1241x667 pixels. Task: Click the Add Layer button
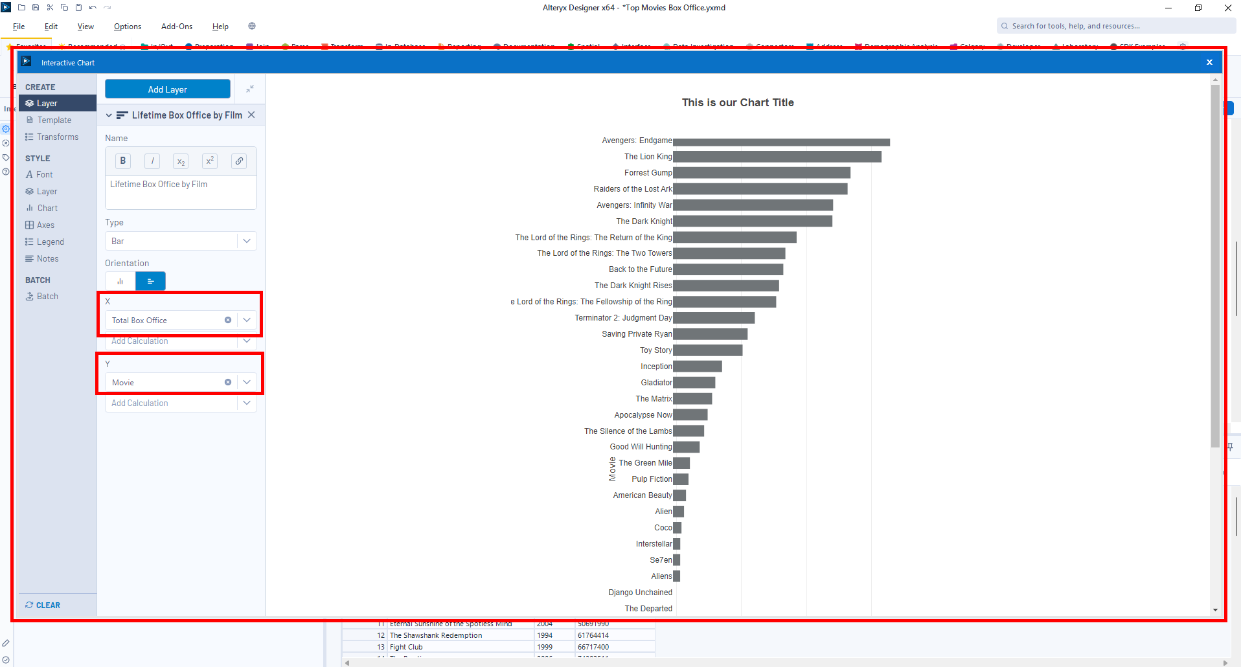[167, 89]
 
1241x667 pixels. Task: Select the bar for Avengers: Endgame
[780, 142]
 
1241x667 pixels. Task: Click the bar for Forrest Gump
[761, 173]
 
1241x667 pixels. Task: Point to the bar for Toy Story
[707, 350]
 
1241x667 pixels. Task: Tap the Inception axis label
[656, 367]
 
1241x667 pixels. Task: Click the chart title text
[738, 102]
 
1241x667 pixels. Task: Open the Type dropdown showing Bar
[181, 241]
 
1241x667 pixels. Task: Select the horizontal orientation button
[150, 281]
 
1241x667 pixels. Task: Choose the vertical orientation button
[120, 281]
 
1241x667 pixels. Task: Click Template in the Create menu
[54, 120]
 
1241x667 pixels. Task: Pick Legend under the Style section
[50, 242]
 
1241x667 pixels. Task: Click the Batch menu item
[47, 296]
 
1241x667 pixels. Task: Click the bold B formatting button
[122, 161]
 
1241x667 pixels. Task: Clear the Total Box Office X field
[228, 320]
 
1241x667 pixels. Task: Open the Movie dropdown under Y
[247, 382]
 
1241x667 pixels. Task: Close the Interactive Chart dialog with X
[1209, 62]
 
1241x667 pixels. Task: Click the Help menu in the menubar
[220, 27]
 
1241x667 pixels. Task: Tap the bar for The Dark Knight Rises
[725, 286]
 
